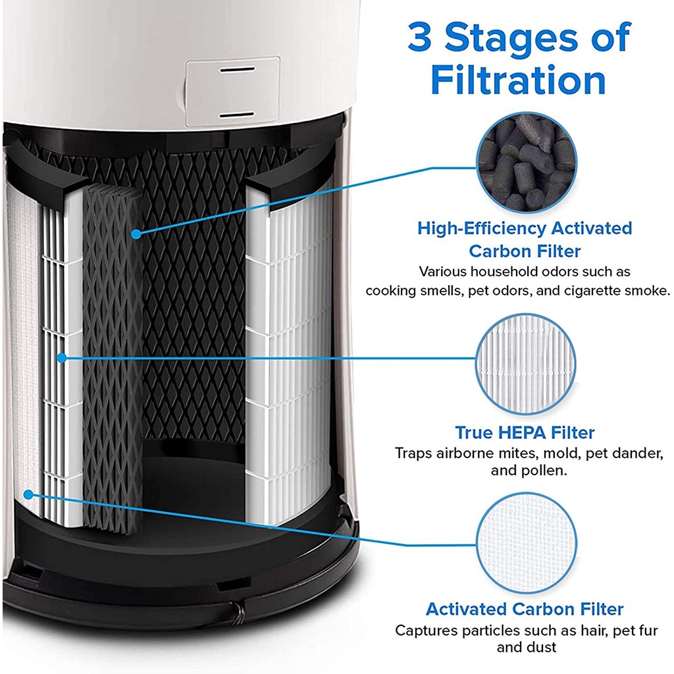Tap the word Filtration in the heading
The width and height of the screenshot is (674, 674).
click(x=517, y=80)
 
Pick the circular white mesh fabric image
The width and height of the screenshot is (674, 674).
click(x=525, y=541)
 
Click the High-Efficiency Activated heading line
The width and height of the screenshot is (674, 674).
click(x=524, y=228)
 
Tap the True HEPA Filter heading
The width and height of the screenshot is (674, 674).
click(x=524, y=432)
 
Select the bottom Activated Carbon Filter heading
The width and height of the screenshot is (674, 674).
click(x=524, y=609)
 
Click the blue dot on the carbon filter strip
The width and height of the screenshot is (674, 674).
click(x=135, y=233)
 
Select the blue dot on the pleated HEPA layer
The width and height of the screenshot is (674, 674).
click(x=61, y=357)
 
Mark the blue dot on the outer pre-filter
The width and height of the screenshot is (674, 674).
click(x=27, y=494)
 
